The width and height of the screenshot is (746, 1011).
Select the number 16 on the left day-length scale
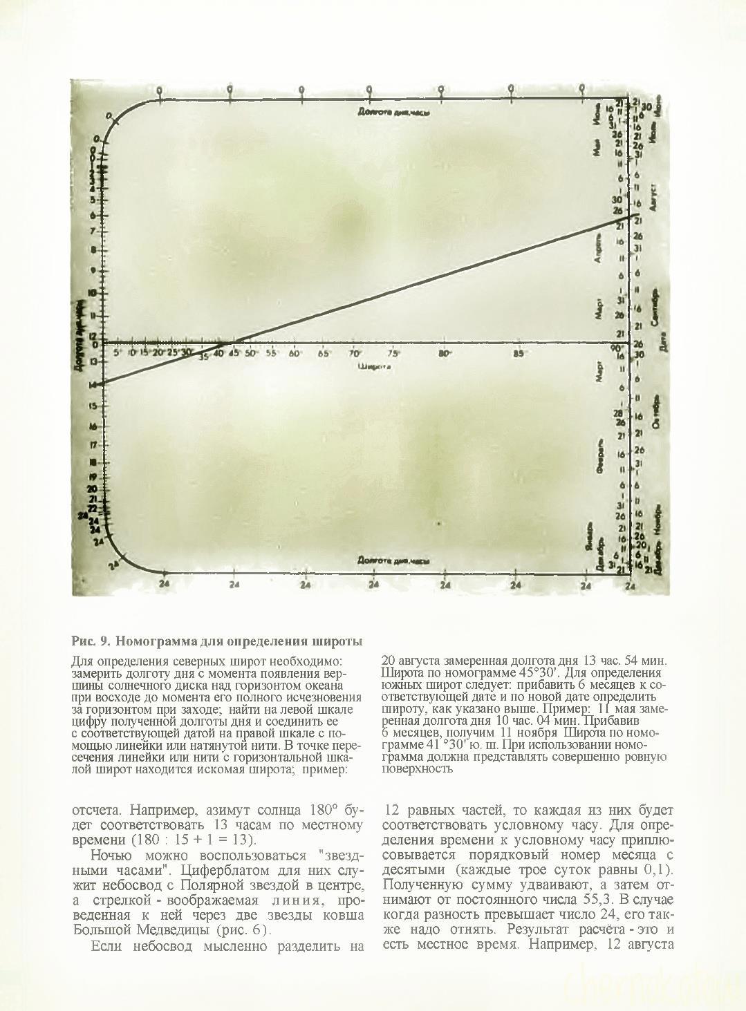click(x=93, y=427)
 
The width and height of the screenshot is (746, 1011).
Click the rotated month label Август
click(x=655, y=196)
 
